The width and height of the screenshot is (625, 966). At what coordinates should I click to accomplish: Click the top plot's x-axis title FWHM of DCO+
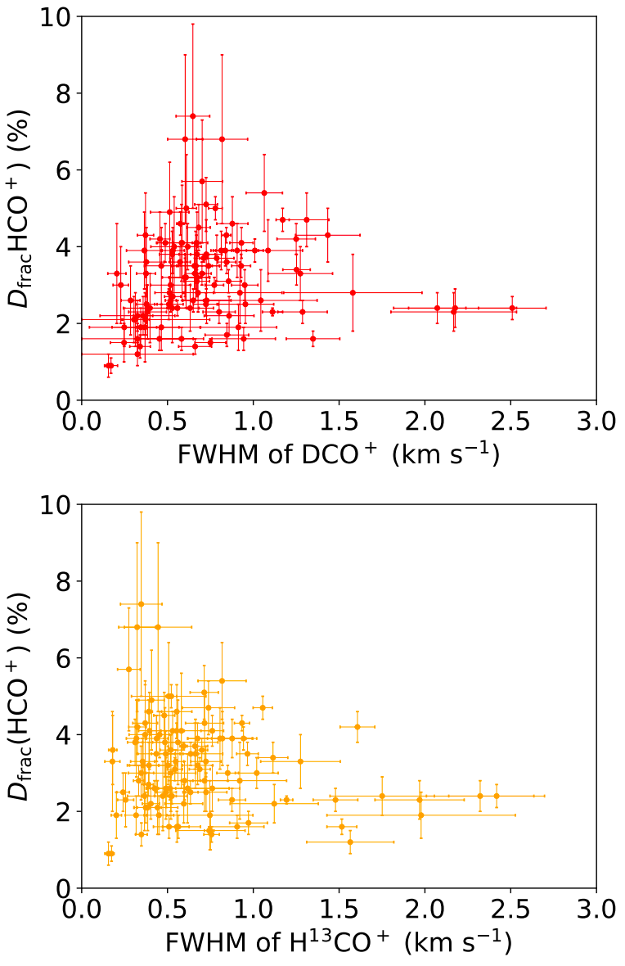[x=339, y=454]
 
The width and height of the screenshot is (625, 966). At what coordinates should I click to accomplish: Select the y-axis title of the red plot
[x=23, y=208]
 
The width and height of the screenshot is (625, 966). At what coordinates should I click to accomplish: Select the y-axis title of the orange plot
[x=23, y=696]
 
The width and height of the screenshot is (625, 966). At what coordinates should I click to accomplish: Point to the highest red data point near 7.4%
[x=193, y=116]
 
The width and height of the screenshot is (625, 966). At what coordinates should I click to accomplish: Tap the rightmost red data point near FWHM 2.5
[x=512, y=308]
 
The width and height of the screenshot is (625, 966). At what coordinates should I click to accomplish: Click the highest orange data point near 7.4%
[x=141, y=604]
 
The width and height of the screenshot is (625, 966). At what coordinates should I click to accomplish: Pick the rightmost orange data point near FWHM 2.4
[x=497, y=796]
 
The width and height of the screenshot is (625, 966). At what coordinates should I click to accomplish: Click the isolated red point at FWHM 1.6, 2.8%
[x=353, y=292]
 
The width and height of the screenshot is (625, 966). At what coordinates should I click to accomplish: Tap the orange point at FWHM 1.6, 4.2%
[x=357, y=727]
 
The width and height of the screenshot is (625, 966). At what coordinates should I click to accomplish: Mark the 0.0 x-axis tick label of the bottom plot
[x=82, y=911]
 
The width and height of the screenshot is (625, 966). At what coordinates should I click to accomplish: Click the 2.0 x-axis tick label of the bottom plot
[x=425, y=911]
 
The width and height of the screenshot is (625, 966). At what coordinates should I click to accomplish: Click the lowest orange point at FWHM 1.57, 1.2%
[x=350, y=842]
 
